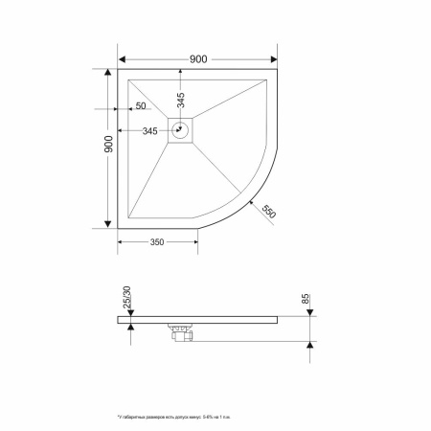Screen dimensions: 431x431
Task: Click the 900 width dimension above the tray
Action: coord(198,58)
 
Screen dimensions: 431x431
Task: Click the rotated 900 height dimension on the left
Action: coord(109,145)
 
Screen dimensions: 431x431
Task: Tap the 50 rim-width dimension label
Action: coord(141,105)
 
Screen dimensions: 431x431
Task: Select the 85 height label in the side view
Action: coord(306,300)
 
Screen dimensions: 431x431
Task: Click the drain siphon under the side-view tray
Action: coord(181,331)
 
